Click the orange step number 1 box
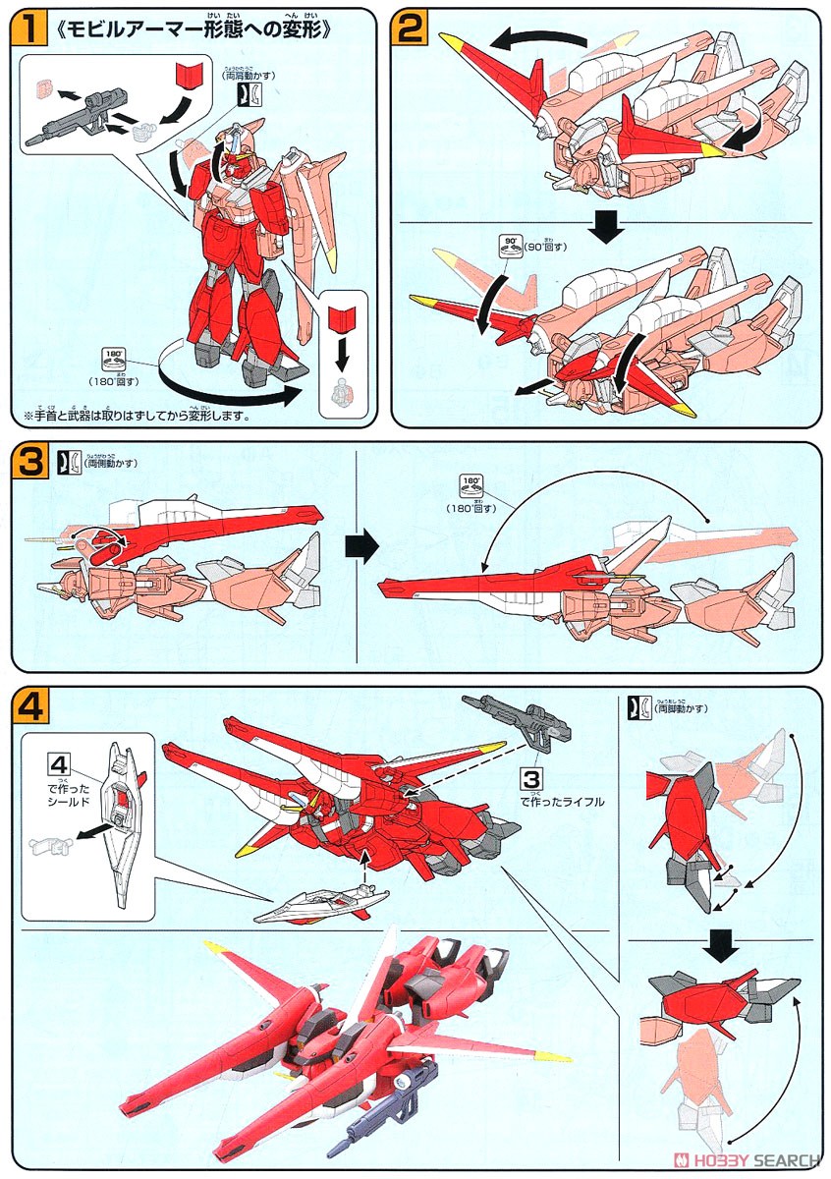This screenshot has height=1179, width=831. coord(30,28)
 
